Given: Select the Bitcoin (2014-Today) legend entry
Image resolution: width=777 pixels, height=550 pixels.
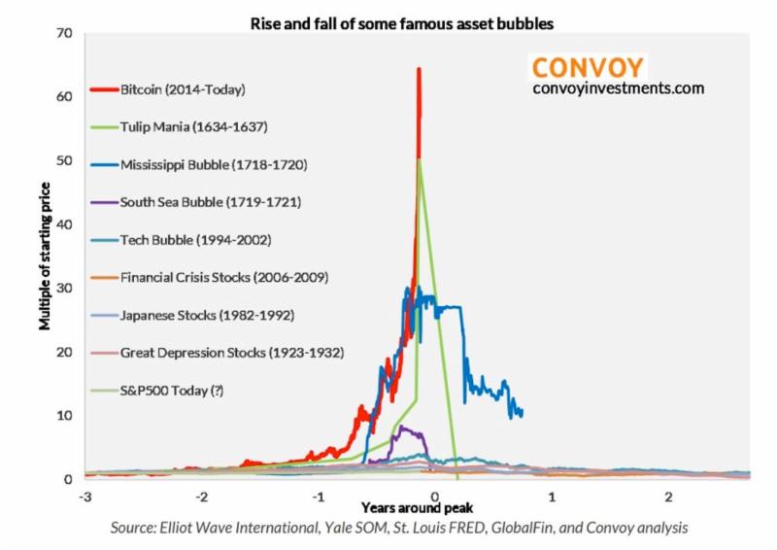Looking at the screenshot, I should click(x=183, y=89).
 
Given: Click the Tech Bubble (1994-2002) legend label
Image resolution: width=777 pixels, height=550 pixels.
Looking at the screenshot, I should click(x=194, y=239).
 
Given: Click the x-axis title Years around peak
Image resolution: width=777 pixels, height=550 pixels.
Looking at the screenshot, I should click(x=409, y=507).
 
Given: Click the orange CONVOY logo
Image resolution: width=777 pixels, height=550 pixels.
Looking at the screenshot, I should click(x=588, y=67).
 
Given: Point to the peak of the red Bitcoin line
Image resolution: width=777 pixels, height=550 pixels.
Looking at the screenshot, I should click(x=419, y=69).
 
